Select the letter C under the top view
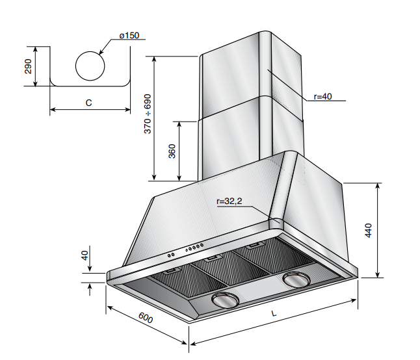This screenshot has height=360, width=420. pos(88,103)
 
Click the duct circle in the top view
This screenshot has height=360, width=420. pos(90,66)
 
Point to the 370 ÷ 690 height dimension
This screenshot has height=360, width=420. pos(148,115)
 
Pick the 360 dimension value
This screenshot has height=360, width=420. pos(172,151)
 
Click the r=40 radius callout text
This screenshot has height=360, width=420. pos(322,97)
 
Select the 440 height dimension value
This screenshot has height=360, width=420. pos(369,231)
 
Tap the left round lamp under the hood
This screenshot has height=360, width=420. pos(226,301)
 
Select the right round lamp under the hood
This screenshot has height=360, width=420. pos(296,281)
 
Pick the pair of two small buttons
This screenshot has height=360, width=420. pos(170,254)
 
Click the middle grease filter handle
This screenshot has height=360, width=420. pos(211,259)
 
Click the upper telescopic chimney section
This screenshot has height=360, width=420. pos(234,75)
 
